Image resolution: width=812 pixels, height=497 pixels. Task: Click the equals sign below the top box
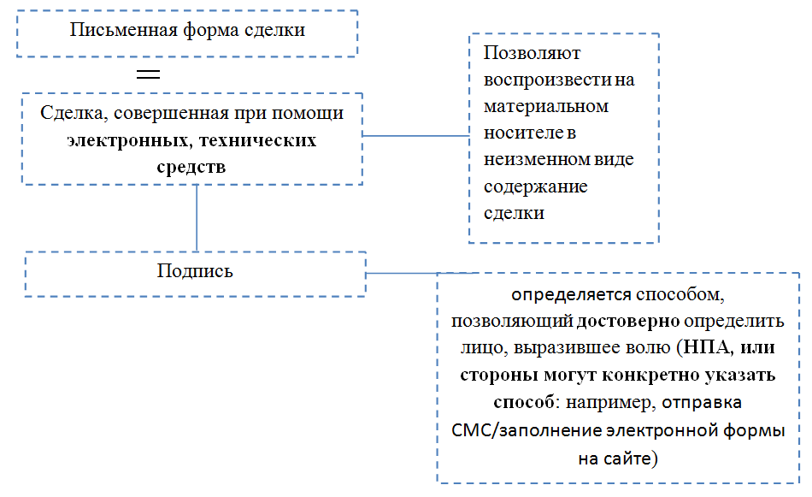(149, 74)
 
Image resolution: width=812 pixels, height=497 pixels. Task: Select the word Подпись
(195, 271)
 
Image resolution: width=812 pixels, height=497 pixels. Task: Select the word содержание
(536, 186)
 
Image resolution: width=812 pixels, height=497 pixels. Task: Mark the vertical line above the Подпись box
(197, 217)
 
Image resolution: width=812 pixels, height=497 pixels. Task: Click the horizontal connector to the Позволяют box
(416, 135)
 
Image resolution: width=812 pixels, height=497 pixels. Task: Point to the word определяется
(571, 295)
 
